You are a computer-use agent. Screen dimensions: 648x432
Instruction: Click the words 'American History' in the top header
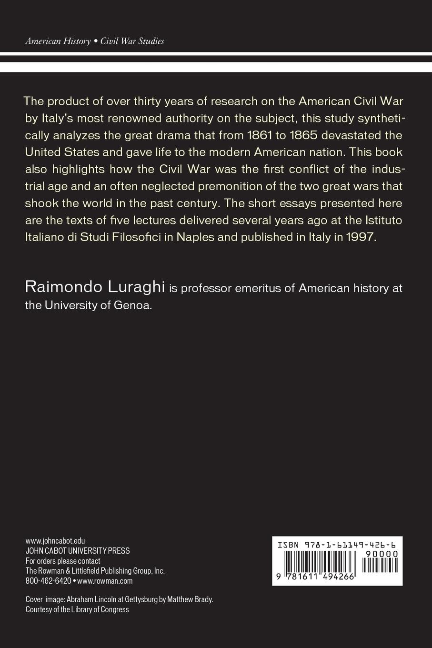pos(58,41)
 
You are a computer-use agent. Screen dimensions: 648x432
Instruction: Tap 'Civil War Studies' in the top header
pos(132,41)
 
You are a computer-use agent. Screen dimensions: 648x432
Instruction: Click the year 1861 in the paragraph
pos(260,135)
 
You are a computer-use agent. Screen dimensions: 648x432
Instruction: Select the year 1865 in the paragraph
pos(303,135)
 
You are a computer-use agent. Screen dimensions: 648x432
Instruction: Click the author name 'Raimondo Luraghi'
pos(95,287)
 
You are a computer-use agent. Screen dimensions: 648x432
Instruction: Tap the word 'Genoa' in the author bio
pos(133,305)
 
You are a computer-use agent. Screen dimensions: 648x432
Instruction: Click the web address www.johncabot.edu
pos(55,541)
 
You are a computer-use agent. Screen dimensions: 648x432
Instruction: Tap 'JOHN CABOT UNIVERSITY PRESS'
pos(78,551)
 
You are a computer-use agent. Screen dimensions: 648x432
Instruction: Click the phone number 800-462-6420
pos(48,581)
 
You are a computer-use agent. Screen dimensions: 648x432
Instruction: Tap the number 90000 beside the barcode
pos(382,554)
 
